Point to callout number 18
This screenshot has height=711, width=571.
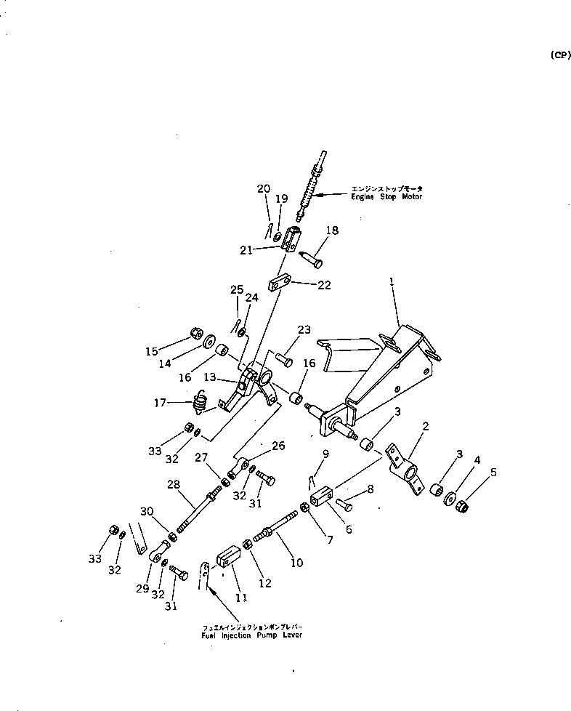(x=332, y=230)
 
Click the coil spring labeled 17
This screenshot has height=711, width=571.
(x=203, y=401)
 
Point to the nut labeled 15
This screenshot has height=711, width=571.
(x=195, y=333)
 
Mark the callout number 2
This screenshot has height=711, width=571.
(x=425, y=426)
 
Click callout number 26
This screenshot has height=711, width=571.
(x=278, y=446)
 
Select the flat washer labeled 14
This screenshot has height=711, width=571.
(x=208, y=340)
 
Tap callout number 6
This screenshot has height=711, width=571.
(x=349, y=530)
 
